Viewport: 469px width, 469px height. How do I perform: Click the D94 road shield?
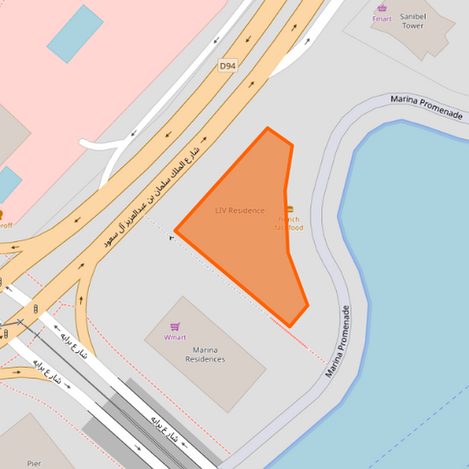click(x=228, y=66)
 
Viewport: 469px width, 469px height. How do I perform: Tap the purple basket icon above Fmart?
click(x=382, y=8)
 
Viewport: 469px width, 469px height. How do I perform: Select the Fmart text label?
click(x=382, y=18)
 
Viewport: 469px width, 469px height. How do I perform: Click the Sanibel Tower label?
click(x=412, y=21)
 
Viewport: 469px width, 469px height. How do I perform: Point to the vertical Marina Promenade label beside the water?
click(x=339, y=341)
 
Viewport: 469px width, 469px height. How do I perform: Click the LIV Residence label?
click(x=239, y=210)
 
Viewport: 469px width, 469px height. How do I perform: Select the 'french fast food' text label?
click(x=289, y=224)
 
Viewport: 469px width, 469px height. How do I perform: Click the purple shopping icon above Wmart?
click(x=175, y=326)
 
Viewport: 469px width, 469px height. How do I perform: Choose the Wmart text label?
click(x=175, y=337)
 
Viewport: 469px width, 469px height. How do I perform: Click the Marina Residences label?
click(x=205, y=354)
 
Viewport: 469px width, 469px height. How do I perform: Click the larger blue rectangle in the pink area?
click(x=74, y=33)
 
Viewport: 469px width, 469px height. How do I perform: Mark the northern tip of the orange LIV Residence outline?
click(x=268, y=128)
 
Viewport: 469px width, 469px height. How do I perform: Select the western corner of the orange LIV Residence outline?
click(x=176, y=231)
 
